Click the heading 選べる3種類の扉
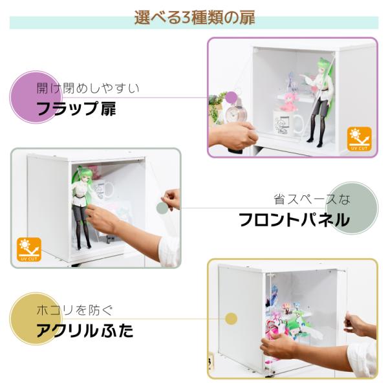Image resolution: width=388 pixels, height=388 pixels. pos(195,18)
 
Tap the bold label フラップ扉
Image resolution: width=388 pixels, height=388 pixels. pos(76,109)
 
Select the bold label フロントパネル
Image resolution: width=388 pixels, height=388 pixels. pos(294,219)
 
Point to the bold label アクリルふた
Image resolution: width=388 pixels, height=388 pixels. pos(85,330)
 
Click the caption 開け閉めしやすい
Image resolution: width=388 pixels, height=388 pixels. pos(88,89)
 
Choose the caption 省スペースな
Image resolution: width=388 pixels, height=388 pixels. pos(312,199)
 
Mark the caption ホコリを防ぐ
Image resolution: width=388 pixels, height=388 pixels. pos(75,310)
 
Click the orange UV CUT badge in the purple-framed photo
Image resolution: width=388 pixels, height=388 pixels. pos(360,139)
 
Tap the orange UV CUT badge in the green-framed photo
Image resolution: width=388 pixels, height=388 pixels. pos(29,250)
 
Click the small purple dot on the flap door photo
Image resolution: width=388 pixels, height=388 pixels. pos(232,97)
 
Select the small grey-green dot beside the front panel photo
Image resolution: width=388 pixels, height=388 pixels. pos(162,208)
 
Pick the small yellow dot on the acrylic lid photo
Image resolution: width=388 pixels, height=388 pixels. pos(231,318)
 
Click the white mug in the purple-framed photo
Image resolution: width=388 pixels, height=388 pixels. pos(287,123)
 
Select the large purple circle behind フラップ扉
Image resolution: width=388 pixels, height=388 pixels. pos(36,97)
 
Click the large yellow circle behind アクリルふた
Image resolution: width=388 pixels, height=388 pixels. pos(36,319)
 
